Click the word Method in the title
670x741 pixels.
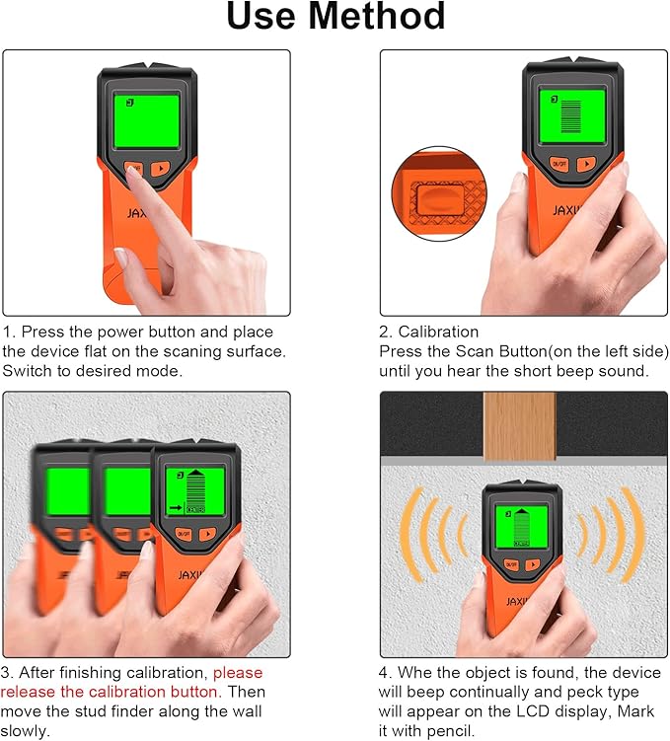[373, 18]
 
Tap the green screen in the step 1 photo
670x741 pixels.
[146, 118]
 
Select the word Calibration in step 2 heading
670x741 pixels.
[429, 333]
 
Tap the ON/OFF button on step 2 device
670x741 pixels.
[558, 165]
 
